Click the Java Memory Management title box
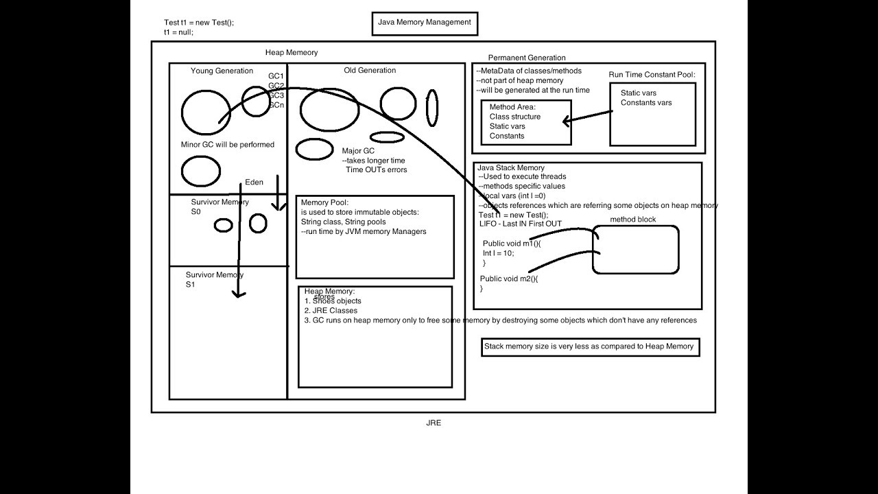click(425, 23)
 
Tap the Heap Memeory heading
click(292, 53)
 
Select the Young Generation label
click(222, 71)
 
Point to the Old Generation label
click(370, 70)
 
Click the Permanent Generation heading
click(527, 58)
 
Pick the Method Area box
click(526, 122)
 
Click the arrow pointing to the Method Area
click(586, 118)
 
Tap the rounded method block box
click(635, 250)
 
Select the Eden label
click(254, 183)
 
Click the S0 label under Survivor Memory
click(195, 212)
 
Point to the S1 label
click(191, 285)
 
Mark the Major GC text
click(358, 151)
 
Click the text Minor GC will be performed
click(227, 145)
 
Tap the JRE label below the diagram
click(434, 423)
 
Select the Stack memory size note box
click(589, 347)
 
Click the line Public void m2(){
click(509, 279)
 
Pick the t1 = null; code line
click(178, 32)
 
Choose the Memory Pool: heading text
click(325, 202)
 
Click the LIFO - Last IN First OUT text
click(521, 224)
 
